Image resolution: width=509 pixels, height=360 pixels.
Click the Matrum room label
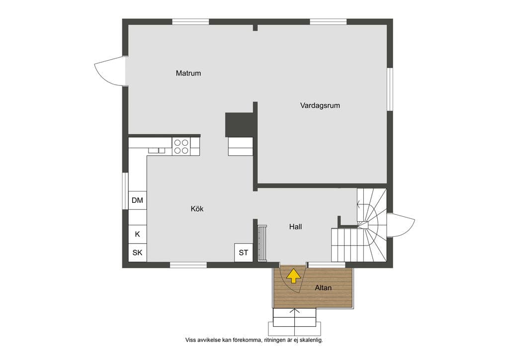(188, 73)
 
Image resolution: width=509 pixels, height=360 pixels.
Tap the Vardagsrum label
(320, 105)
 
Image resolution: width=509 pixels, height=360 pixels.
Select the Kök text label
(197, 209)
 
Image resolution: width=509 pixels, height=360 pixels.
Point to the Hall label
(295, 227)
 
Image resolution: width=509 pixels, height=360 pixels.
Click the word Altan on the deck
(323, 287)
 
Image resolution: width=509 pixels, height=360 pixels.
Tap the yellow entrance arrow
(294, 276)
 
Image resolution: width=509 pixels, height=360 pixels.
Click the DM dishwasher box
(137, 200)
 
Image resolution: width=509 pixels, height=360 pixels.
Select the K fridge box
(137, 234)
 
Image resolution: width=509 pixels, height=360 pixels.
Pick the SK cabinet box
(137, 252)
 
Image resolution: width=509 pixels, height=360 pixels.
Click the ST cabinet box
(244, 253)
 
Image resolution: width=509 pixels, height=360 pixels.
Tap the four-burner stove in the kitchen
(181, 146)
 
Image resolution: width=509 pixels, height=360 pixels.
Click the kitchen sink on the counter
(157, 150)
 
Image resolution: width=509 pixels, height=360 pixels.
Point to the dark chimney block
(239, 125)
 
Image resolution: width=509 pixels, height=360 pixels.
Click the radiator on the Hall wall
(262, 243)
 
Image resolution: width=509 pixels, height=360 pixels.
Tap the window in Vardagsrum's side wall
(390, 90)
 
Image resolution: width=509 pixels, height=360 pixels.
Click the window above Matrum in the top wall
(190, 22)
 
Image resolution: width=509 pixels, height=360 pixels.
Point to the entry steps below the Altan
(294, 322)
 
